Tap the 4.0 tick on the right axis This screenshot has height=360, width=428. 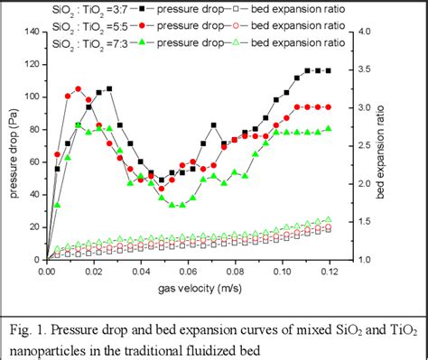[x=359, y=32]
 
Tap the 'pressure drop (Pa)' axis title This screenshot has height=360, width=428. [x=11, y=146]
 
